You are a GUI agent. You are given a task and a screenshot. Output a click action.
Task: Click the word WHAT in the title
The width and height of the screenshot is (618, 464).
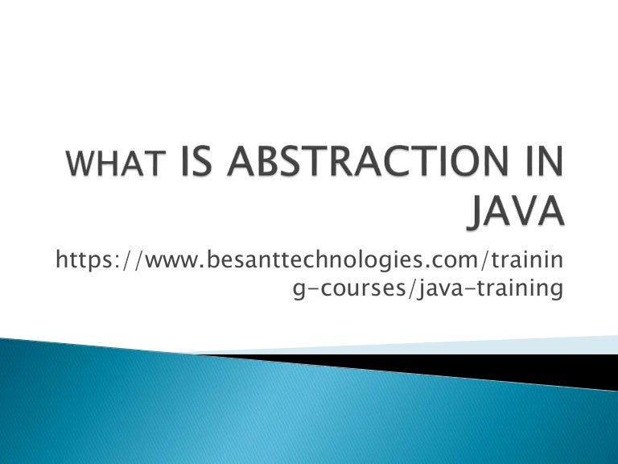tap(114, 167)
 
